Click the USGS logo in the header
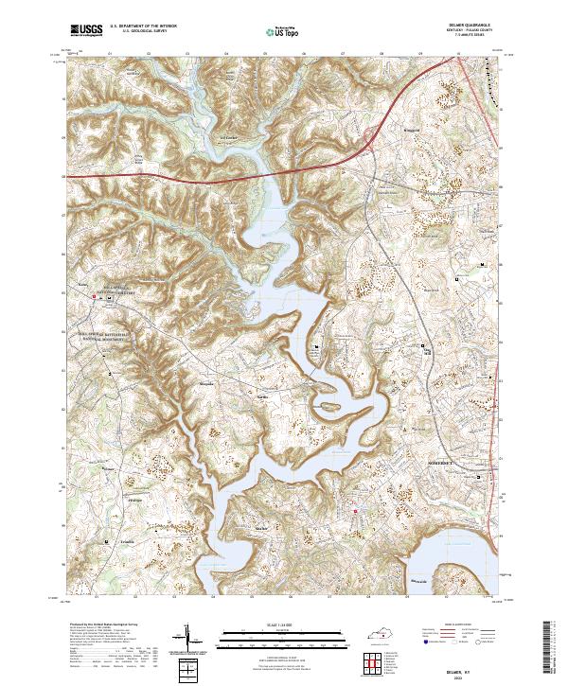(86, 31)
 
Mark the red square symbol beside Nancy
(94, 296)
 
